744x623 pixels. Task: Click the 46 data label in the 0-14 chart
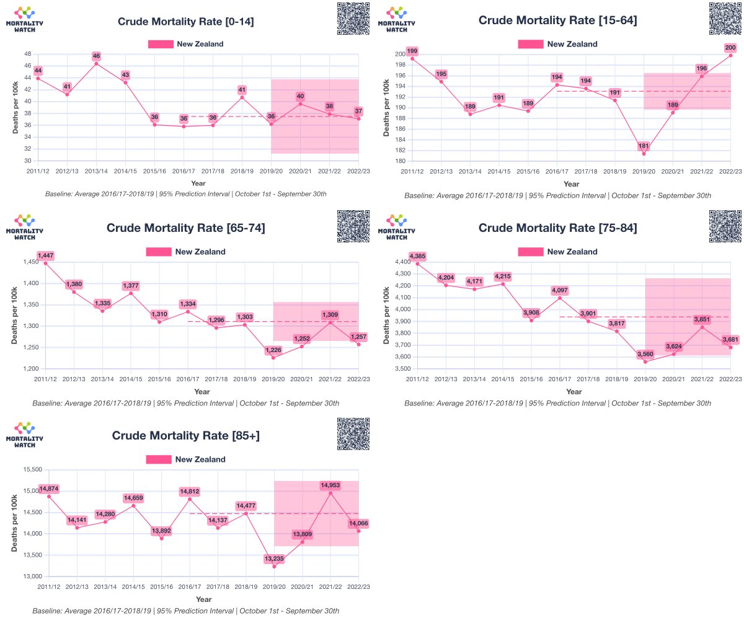click(96, 56)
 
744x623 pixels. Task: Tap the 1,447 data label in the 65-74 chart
click(46, 255)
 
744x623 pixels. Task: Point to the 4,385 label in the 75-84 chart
click(418, 256)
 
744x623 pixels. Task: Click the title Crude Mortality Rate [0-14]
click(185, 22)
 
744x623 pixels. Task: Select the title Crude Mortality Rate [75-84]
click(557, 228)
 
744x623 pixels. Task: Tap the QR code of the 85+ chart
click(353, 434)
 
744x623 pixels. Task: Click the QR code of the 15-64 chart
click(725, 19)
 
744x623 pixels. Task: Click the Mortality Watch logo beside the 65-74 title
click(24, 227)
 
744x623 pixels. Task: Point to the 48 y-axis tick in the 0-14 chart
click(27, 54)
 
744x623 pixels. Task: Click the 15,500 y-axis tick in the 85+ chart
click(27, 470)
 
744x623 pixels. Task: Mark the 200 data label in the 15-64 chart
click(730, 48)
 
